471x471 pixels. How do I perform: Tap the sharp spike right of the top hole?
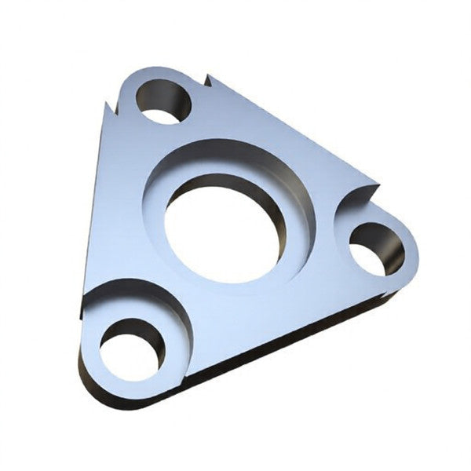(x=210, y=78)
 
